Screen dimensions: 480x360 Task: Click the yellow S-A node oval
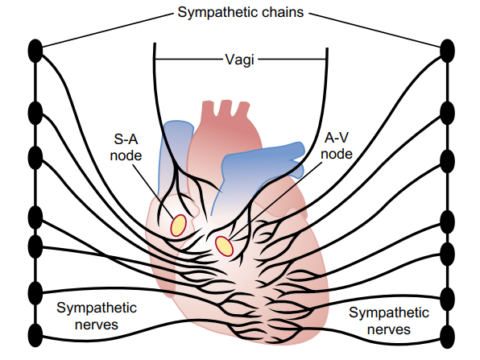(179, 226)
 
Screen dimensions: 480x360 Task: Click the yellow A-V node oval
(224, 246)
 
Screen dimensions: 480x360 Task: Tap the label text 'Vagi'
(239, 60)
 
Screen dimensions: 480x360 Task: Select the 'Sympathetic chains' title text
(241, 12)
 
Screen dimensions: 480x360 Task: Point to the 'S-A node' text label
(126, 147)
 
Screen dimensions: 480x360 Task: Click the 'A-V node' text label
(337, 146)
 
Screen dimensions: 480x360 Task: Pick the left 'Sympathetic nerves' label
(97, 316)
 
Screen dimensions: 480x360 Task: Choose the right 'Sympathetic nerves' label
(389, 321)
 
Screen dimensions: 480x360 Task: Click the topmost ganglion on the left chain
(35, 51)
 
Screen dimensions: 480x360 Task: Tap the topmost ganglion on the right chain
(447, 51)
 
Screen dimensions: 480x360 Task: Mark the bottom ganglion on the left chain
(35, 336)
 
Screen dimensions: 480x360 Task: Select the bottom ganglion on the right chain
(447, 337)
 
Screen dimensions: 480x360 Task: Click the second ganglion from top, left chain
(35, 114)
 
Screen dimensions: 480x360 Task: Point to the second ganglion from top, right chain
(447, 114)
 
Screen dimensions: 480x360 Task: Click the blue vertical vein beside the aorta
(174, 153)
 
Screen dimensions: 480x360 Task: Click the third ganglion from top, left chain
(35, 158)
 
